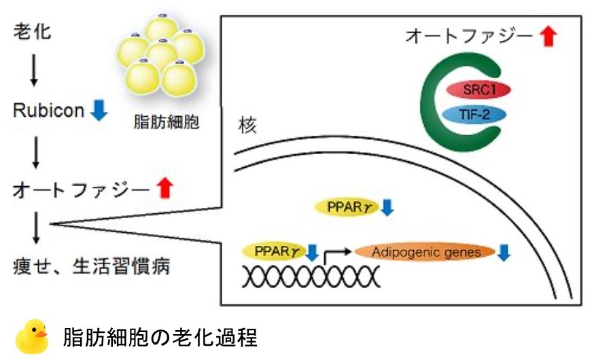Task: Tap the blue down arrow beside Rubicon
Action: tap(99, 110)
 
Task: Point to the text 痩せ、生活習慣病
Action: tap(92, 265)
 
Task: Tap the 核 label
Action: tap(247, 126)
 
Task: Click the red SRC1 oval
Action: tap(478, 90)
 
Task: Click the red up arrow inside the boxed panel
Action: tap(549, 36)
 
